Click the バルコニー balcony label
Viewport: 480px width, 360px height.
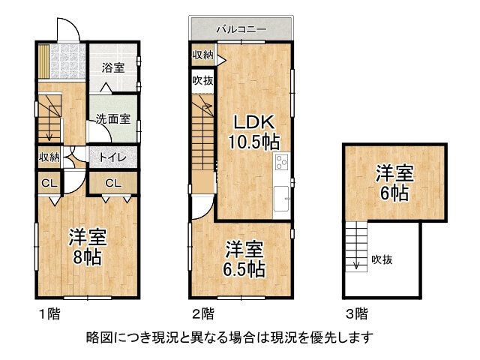click(241, 30)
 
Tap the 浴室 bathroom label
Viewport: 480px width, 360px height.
click(113, 67)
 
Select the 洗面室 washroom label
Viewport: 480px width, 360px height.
click(113, 118)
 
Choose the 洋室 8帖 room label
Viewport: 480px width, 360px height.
click(88, 247)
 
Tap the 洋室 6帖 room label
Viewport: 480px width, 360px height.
click(394, 182)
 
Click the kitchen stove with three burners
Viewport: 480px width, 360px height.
click(282, 161)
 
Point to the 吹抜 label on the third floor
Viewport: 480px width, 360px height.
click(382, 260)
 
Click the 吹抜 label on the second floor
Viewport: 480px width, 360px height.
click(202, 80)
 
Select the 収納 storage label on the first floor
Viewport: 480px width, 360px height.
click(49, 157)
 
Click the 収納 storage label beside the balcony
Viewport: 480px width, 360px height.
click(202, 55)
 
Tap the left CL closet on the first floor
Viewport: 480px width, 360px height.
click(49, 182)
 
